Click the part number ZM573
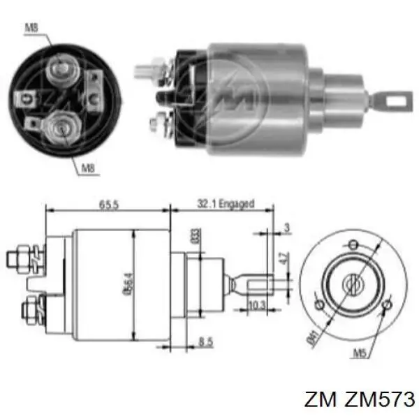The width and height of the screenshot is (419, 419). click(x=377, y=399)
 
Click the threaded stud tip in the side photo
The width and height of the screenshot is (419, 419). click(x=141, y=70)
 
